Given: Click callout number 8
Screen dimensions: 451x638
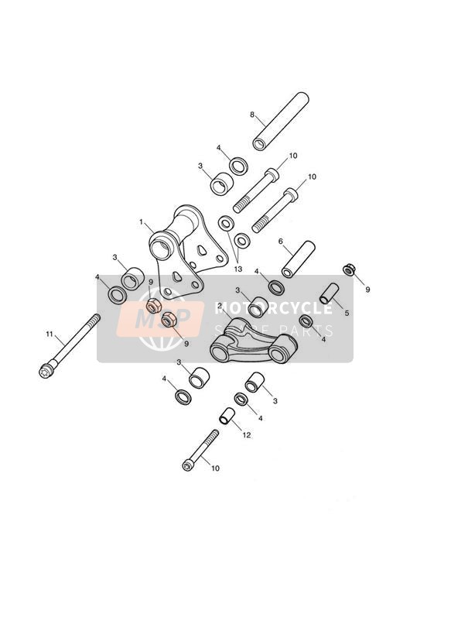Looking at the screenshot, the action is click(x=252, y=115).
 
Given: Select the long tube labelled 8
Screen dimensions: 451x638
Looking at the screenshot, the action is click(x=281, y=122).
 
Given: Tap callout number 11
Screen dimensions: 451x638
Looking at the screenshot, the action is click(x=50, y=334).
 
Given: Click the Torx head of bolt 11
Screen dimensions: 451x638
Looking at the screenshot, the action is click(x=45, y=371).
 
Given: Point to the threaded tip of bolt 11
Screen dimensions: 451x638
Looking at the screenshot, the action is click(x=96, y=317).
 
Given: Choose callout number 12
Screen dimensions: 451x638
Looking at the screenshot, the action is click(x=247, y=435).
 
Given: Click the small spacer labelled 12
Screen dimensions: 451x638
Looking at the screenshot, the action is click(x=227, y=416).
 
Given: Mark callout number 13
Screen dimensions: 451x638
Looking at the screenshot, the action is click(x=237, y=269).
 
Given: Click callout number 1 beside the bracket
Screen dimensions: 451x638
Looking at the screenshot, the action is click(x=141, y=222).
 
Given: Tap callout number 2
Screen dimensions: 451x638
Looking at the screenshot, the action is click(x=220, y=305).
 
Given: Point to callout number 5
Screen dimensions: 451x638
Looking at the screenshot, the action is click(x=347, y=313).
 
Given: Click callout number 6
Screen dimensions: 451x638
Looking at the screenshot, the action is click(x=281, y=241).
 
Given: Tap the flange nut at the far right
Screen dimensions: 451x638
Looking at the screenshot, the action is click(x=348, y=269).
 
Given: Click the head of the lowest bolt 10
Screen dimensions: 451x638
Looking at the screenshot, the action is click(x=187, y=465).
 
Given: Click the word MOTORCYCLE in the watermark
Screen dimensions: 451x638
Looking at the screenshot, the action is click(x=273, y=308).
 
